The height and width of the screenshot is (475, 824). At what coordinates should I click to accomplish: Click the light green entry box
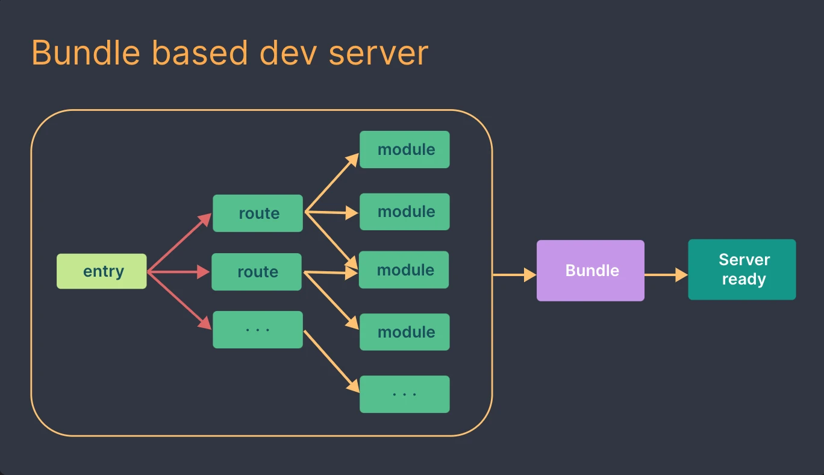(101, 271)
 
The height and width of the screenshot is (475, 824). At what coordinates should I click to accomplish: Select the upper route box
(258, 213)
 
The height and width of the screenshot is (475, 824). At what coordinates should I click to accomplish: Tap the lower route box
(257, 272)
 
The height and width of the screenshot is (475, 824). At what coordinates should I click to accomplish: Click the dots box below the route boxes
(258, 330)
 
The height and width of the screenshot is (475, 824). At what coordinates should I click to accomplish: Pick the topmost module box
(405, 149)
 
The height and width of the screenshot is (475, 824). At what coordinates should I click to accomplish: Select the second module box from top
(405, 212)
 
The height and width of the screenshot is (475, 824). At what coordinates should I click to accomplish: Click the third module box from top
(404, 270)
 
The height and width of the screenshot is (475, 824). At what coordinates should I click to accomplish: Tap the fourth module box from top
(405, 332)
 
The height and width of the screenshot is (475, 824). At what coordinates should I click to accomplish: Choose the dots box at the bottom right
(405, 394)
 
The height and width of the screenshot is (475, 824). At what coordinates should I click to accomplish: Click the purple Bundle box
(590, 271)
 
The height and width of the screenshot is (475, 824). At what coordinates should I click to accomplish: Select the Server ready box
(742, 269)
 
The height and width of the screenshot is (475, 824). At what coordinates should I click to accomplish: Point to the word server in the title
(378, 54)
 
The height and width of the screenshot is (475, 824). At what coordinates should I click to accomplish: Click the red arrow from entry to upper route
(179, 243)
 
